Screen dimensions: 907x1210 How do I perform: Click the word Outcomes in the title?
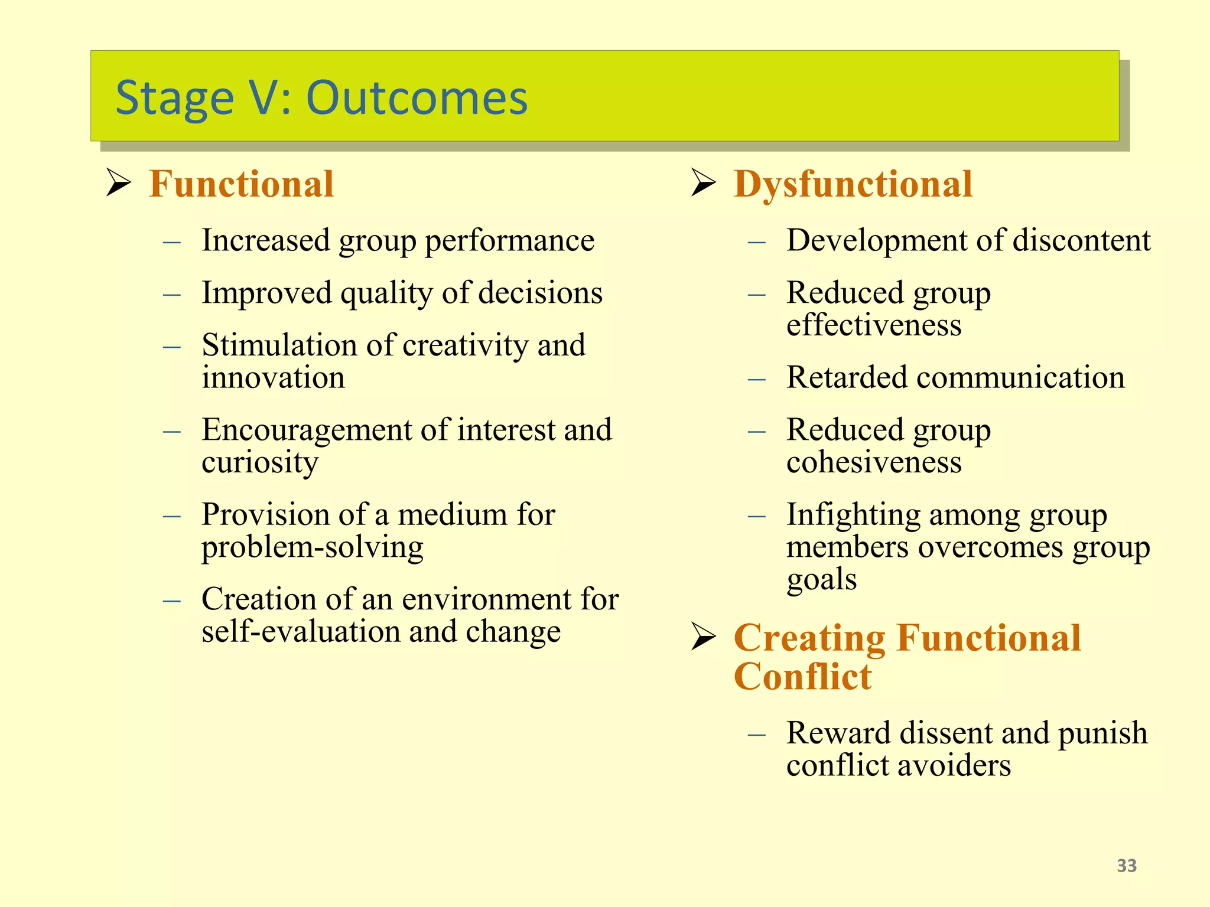pyautogui.click(x=417, y=97)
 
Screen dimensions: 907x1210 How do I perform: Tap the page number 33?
pyautogui.click(x=1127, y=866)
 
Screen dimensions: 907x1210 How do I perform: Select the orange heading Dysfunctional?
pyautogui.click(x=853, y=184)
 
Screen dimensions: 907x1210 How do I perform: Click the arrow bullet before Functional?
pyautogui.click(x=118, y=183)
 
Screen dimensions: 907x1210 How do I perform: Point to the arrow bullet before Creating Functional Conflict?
pyautogui.click(x=703, y=638)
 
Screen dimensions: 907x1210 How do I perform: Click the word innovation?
pyautogui.click(x=273, y=378)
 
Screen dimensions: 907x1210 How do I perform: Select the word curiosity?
pyautogui.click(x=260, y=463)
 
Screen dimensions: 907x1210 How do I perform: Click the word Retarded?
pyautogui.click(x=846, y=378)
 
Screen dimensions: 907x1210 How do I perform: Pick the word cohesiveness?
pyautogui.click(x=874, y=463)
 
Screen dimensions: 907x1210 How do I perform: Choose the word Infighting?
pyautogui.click(x=853, y=515)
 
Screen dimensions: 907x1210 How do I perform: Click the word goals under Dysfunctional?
pyautogui.click(x=821, y=580)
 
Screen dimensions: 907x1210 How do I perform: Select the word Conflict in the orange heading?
pyautogui.click(x=802, y=677)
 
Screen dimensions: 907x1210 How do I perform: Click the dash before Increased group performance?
pyautogui.click(x=171, y=242)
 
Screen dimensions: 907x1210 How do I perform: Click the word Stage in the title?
pyautogui.click(x=174, y=99)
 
